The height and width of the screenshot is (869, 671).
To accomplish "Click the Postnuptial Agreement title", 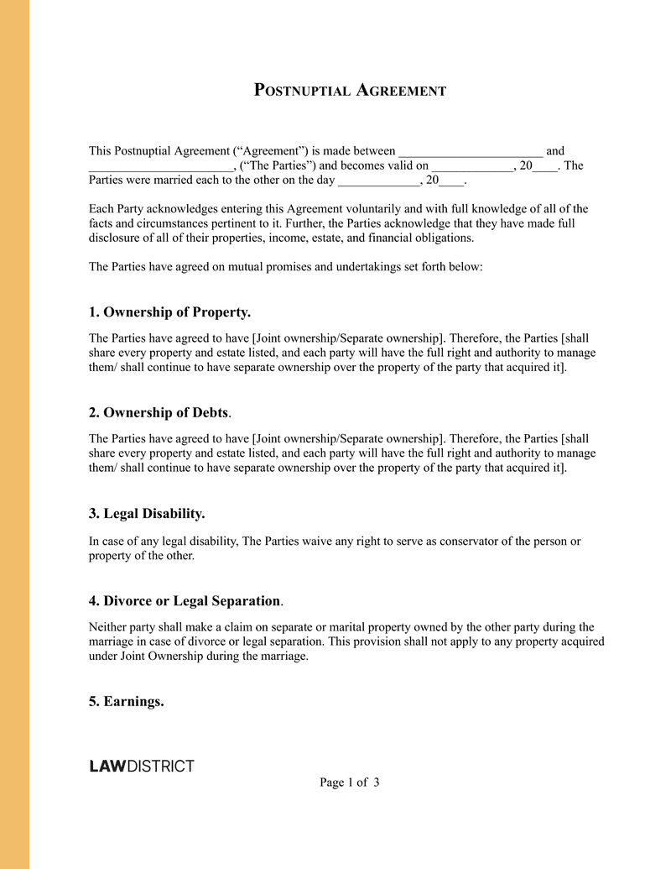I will pos(350,90).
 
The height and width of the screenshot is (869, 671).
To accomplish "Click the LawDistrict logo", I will pos(142,766).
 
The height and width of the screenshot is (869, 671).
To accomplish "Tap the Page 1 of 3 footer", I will pos(350,783).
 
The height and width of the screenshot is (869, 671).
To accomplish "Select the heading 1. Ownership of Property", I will pos(169,312).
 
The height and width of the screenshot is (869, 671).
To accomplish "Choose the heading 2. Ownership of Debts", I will pos(159,412).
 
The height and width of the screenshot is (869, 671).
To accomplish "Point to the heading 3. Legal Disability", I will pos(147,513).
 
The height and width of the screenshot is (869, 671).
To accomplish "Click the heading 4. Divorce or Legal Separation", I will pos(185,601).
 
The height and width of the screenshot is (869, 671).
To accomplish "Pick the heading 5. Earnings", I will pos(126,701).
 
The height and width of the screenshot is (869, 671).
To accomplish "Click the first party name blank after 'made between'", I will pos(471,151).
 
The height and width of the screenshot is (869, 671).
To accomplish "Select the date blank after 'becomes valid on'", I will pos(471,166).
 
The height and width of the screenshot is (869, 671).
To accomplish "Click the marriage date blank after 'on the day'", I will pos(378,181).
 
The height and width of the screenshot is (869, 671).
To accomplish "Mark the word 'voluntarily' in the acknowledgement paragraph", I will pos(369,209).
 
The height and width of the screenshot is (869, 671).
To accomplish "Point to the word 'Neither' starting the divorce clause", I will pos(108,627).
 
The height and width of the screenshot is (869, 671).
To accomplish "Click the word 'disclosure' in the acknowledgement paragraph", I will pos(117,238).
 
